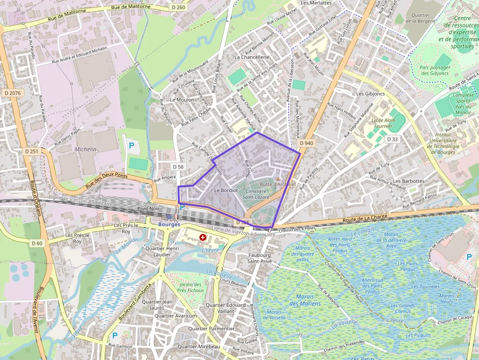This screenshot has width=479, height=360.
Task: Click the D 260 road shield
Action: pyautogui.click(x=179, y=7)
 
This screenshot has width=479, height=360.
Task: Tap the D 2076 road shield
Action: pyautogui.click(x=12, y=93)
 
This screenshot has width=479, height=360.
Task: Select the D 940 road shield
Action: pyautogui.click(x=306, y=143)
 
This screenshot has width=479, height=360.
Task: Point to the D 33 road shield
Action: pyautogui.click(x=392, y=139)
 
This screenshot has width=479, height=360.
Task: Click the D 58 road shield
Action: pyautogui.click(x=178, y=167)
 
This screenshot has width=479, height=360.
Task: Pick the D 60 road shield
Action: pyautogui.click(x=37, y=243)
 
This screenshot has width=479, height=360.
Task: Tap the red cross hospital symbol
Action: pyautogui.click(x=203, y=237)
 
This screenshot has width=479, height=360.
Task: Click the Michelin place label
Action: pyautogui.click(x=86, y=149)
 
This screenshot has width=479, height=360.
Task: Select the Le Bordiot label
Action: pyautogui.click(x=226, y=190)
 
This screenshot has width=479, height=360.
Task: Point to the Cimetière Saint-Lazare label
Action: pyautogui.click(x=256, y=194)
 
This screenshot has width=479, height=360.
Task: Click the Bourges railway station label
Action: pyautogui.click(x=169, y=224)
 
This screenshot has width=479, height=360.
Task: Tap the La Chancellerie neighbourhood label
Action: pyautogui.click(x=252, y=57)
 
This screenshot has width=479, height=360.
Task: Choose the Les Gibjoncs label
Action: pyautogui.click(x=370, y=93)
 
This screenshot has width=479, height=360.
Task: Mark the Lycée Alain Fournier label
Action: pyautogui.click(x=383, y=123)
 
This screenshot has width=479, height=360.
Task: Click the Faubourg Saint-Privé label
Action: pyautogui.click(x=259, y=258)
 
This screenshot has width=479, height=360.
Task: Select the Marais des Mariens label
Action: pyautogui.click(x=305, y=300)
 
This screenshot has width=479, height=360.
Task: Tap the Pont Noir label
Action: pyautogui.click(x=149, y=209)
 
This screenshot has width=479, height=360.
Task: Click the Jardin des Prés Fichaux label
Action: pyautogui.click(x=190, y=287)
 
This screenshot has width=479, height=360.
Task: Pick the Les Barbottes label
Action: pyautogui.click(x=409, y=181)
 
